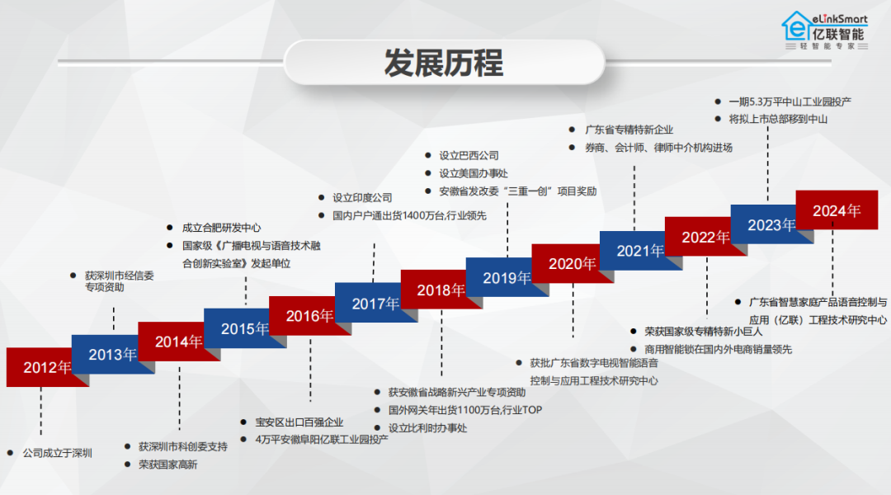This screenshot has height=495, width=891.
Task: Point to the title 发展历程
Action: [444, 62]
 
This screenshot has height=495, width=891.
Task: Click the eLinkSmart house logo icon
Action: [796, 27]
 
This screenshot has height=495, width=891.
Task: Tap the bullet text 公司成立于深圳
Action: [57, 453]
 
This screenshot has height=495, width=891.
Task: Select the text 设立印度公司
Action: [362, 198]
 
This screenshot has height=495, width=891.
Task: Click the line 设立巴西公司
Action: [469, 155]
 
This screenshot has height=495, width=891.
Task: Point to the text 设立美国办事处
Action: [474, 173]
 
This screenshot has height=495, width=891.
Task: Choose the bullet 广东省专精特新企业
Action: [629, 130]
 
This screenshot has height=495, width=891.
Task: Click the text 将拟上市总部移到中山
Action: [778, 119]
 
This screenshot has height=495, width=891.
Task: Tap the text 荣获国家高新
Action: [167, 464]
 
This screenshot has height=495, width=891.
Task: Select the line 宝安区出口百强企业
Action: [299, 422]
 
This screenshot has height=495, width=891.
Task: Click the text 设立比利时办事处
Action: [427, 428]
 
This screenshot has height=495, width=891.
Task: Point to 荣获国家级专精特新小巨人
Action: [703, 332]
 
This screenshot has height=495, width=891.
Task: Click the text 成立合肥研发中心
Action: [222, 228]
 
